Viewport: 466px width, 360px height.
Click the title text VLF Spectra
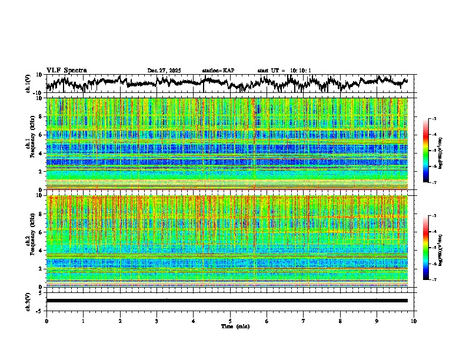66,71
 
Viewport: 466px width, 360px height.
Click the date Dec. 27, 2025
165,71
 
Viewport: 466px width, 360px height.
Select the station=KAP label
218,71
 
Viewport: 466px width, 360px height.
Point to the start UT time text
284,71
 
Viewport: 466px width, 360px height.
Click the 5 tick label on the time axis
230,321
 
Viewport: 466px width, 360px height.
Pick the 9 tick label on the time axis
377,321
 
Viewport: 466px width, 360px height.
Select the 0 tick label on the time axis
46,321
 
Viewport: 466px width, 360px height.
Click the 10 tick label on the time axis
414,321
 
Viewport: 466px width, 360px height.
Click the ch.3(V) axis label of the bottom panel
28,301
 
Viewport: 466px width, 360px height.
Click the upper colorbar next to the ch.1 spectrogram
432,151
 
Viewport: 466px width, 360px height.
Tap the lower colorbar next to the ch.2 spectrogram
432,248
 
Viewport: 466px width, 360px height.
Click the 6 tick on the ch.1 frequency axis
41,135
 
